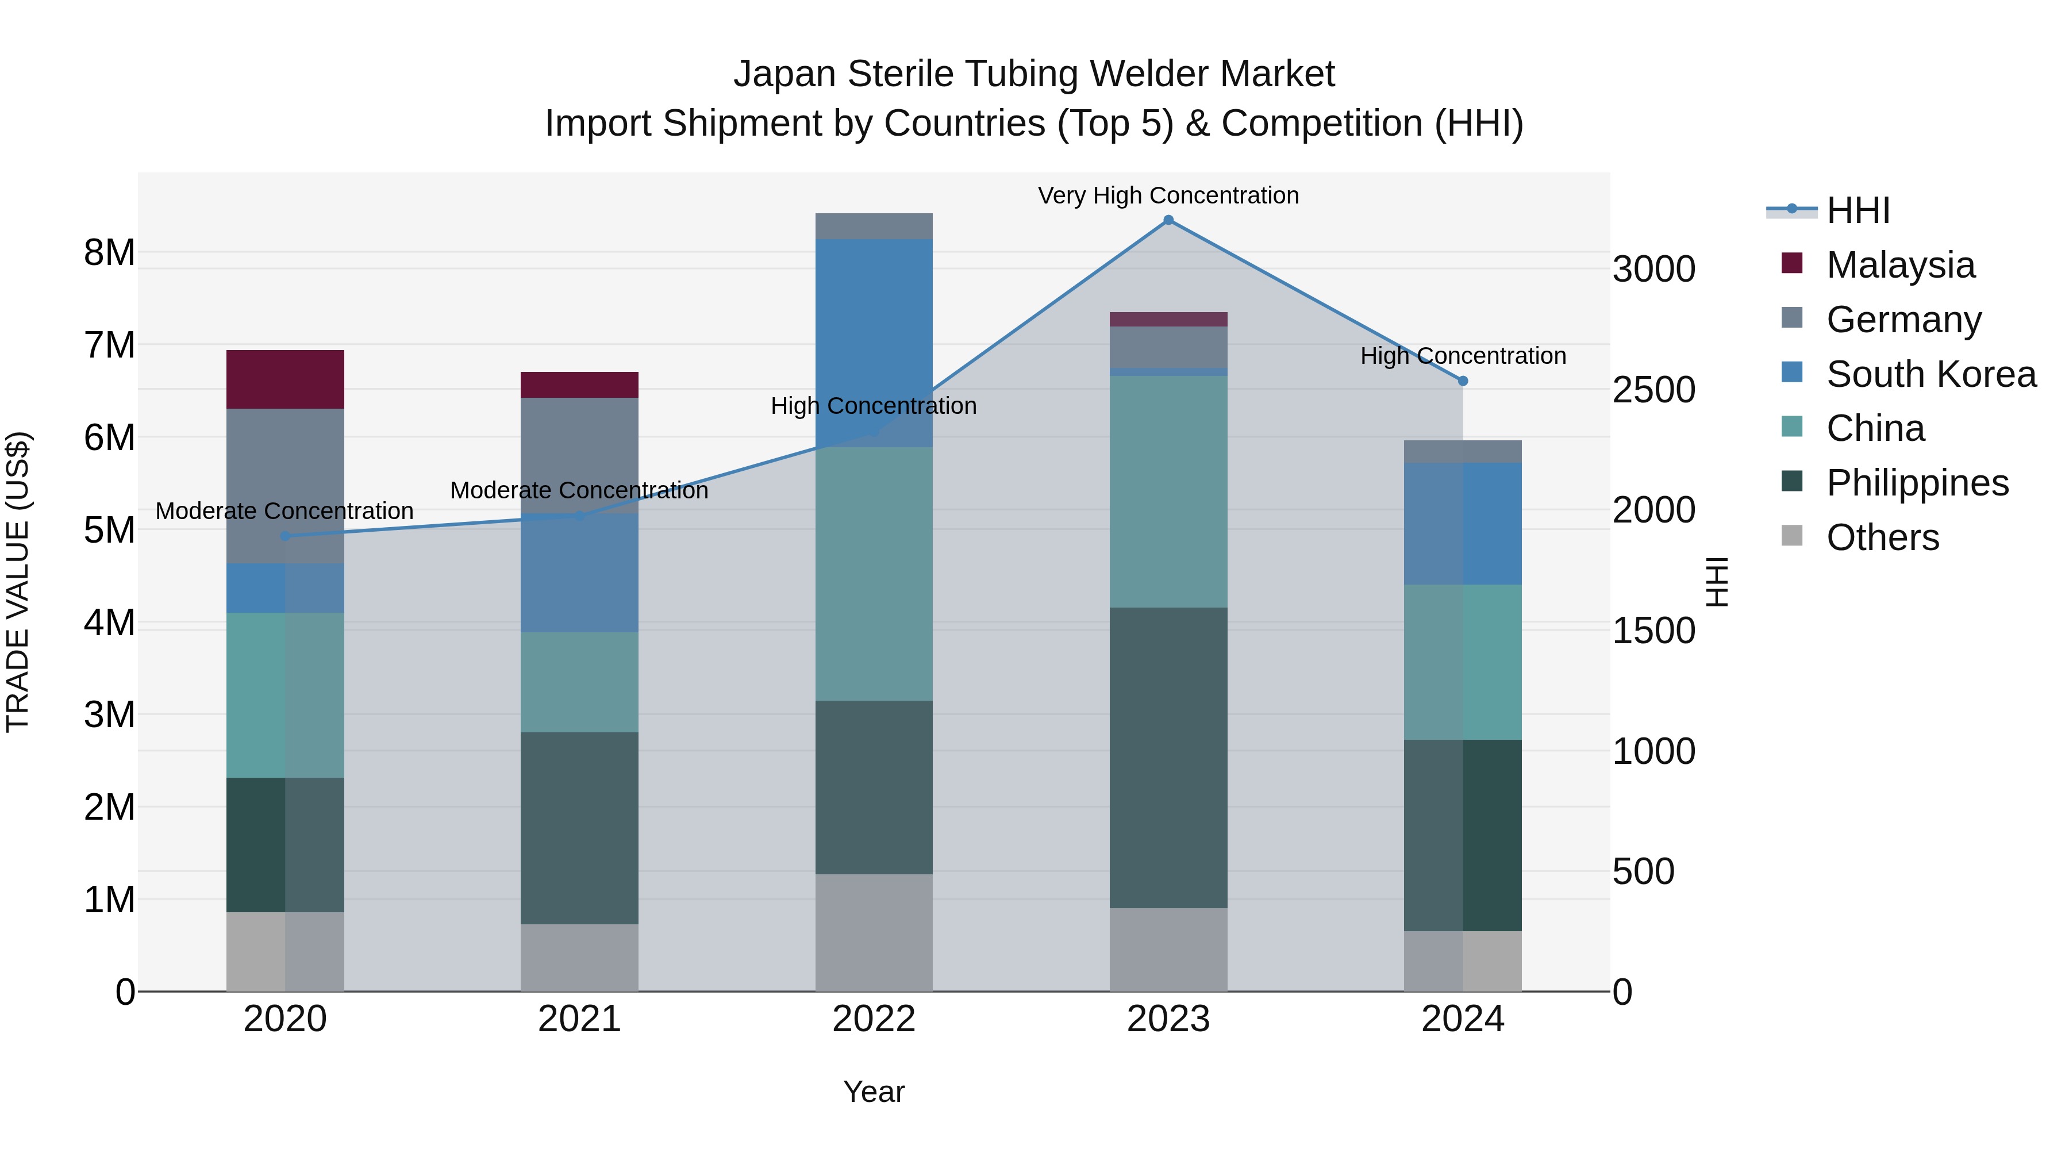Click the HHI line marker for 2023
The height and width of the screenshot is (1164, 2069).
pyautogui.click(x=1168, y=220)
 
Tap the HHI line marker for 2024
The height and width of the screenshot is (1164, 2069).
pyautogui.click(x=1463, y=381)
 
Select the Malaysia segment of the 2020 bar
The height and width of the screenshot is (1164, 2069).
pyautogui.click(x=285, y=379)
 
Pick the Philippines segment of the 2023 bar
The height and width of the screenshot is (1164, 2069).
pyautogui.click(x=1168, y=758)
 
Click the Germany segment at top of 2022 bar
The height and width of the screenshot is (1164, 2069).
pyautogui.click(x=874, y=226)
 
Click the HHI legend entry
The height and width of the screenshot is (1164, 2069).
pyautogui.click(x=1857, y=210)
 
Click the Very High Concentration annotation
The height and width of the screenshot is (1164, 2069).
pyautogui.click(x=1168, y=195)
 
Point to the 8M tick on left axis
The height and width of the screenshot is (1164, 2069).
pyautogui.click(x=109, y=253)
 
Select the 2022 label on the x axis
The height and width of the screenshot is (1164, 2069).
pyautogui.click(x=874, y=1019)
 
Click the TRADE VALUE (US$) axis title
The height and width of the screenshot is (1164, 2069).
pyautogui.click(x=18, y=582)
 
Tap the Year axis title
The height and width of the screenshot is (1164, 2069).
pyautogui.click(x=874, y=1092)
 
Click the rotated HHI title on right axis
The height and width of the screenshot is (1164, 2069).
pyautogui.click(x=1716, y=582)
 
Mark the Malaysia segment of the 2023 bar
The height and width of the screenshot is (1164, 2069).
pyautogui.click(x=1168, y=319)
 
